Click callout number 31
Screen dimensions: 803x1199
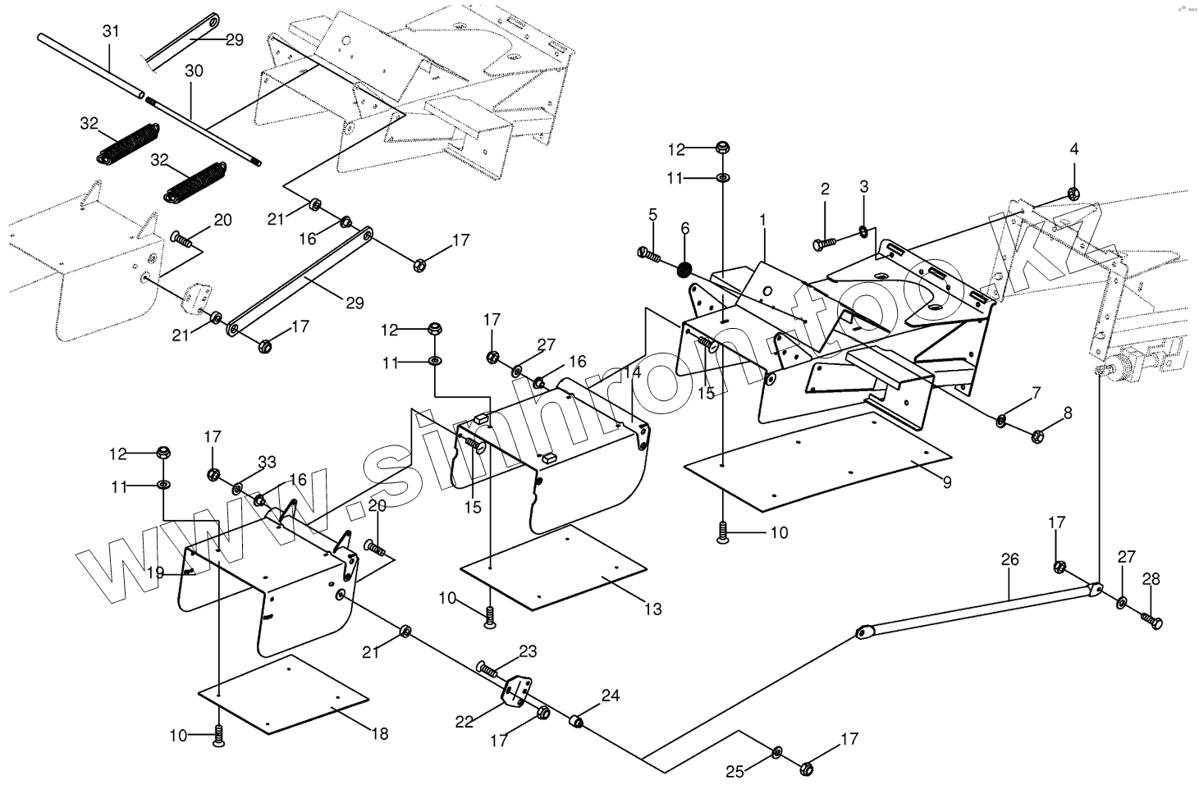coord(111,31)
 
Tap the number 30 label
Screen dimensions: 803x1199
coord(194,71)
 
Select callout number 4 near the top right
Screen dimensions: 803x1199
coord(1073,148)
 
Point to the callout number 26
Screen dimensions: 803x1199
coord(1009,559)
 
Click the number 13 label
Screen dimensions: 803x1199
coord(652,609)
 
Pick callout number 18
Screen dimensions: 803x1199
coord(379,734)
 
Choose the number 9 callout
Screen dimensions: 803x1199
coord(947,482)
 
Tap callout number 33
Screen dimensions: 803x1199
coord(267,463)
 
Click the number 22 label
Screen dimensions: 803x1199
coord(464,722)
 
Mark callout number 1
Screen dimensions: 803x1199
coord(762,220)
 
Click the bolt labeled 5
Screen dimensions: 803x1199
coord(649,254)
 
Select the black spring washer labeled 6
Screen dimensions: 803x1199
coord(685,269)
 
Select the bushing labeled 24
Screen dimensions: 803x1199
coord(577,722)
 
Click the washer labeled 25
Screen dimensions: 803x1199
coord(777,752)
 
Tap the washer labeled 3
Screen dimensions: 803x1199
coord(863,230)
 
